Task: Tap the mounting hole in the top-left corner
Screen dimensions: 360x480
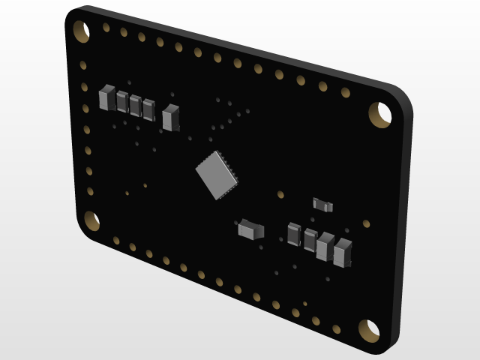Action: [81, 31]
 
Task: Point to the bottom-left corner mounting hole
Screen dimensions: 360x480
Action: [91, 220]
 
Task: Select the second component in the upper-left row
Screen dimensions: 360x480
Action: [121, 101]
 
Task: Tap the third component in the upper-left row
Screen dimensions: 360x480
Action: [135, 105]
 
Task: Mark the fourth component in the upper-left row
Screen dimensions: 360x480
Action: [148, 109]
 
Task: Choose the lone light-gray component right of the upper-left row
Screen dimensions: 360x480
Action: [171, 117]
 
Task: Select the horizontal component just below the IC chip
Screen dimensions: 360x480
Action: [249, 228]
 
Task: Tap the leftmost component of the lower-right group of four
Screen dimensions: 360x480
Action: [293, 234]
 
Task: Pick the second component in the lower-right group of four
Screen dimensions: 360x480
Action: [309, 240]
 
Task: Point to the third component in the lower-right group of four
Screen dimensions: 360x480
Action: [325, 246]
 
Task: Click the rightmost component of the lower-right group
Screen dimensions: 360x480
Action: [343, 252]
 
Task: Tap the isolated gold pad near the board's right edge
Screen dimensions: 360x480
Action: [366, 223]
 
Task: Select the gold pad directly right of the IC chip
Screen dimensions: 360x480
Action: [280, 195]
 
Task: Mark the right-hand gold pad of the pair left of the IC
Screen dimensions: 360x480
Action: [145, 185]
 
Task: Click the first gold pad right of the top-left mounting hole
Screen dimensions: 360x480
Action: [106, 28]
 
